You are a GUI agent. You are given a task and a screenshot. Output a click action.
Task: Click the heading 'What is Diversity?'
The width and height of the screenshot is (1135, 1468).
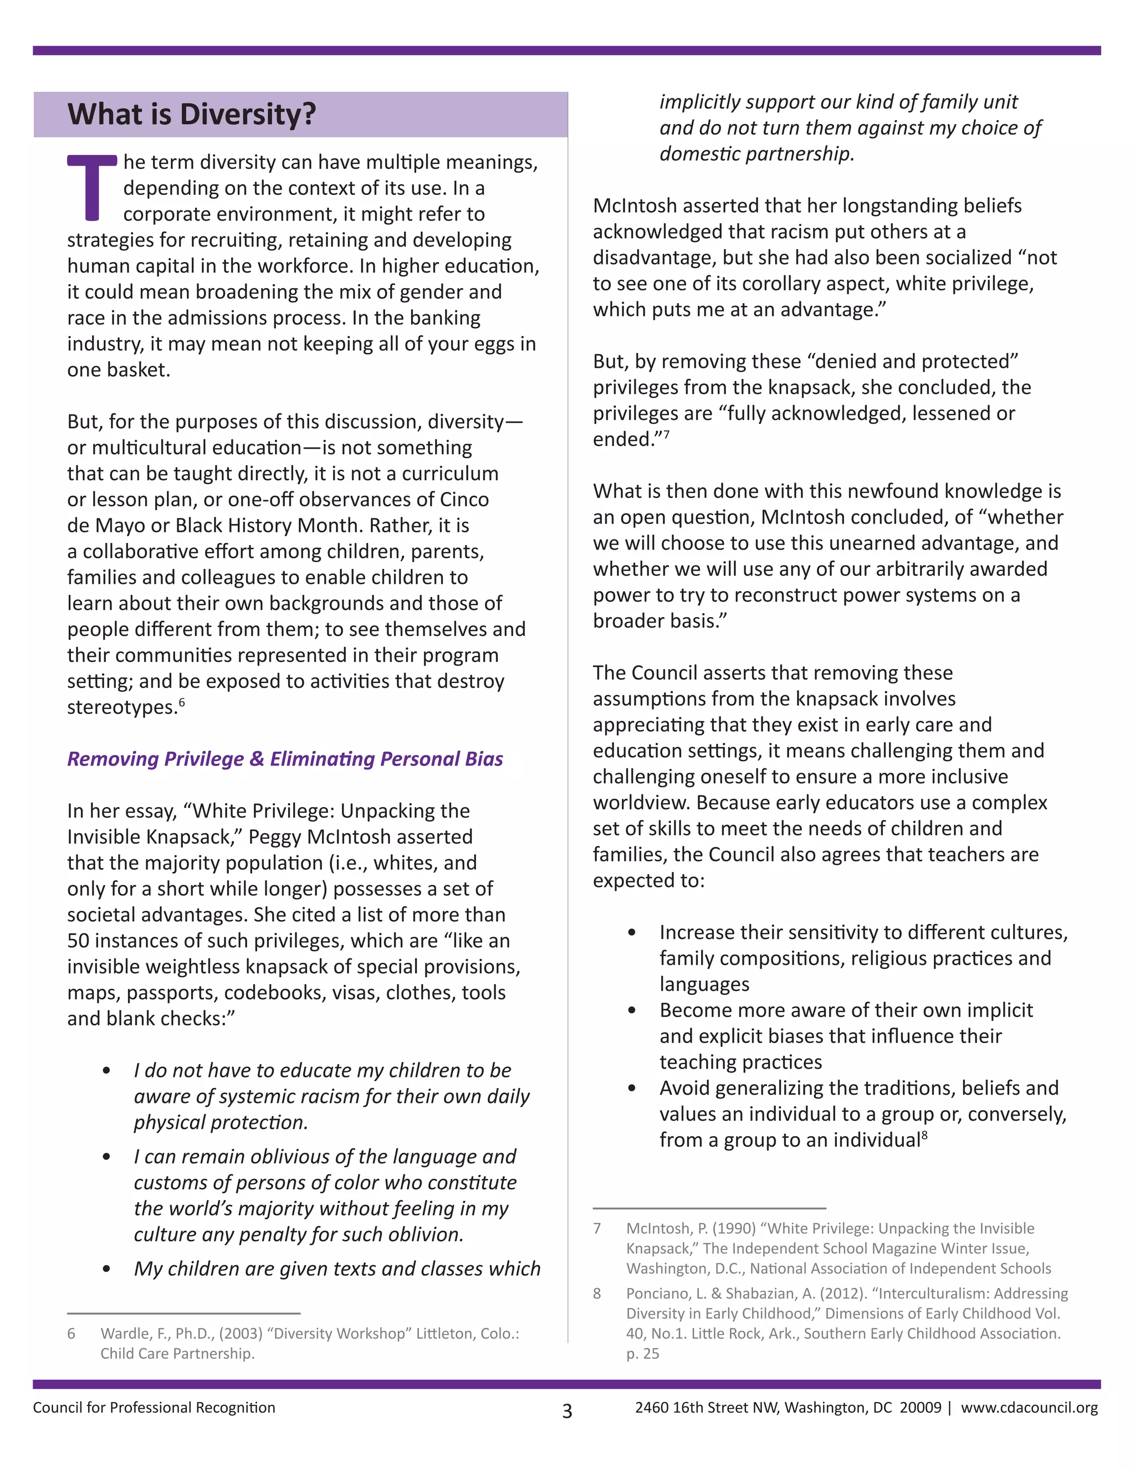click(192, 114)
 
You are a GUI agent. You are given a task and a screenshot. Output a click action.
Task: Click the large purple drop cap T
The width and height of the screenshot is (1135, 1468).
click(91, 188)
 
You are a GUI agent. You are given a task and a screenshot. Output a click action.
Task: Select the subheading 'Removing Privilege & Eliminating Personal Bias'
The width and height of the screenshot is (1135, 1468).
click(285, 759)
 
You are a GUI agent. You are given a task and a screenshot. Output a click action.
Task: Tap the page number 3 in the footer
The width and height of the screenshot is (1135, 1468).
click(567, 1411)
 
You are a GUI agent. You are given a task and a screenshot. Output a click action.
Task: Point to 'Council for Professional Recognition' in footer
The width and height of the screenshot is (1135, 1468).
click(154, 1408)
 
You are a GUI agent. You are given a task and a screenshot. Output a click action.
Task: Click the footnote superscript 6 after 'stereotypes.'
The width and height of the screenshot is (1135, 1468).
click(182, 702)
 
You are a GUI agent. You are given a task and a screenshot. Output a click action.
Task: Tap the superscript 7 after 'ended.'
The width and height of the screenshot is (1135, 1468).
click(666, 434)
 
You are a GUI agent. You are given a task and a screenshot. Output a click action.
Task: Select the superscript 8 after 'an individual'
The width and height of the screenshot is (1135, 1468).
click(924, 1135)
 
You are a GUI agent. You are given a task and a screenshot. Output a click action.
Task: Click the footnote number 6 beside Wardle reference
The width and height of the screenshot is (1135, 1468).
click(71, 1333)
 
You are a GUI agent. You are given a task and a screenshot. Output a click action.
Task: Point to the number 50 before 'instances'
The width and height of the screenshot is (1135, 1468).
click(79, 941)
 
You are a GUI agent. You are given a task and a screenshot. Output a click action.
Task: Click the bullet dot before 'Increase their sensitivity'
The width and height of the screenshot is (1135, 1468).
click(631, 932)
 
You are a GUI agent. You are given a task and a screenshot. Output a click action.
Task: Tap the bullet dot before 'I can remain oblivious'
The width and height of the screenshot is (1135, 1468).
click(106, 1157)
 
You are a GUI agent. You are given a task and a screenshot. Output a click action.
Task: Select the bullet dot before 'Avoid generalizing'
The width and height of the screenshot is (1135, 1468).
click(631, 1088)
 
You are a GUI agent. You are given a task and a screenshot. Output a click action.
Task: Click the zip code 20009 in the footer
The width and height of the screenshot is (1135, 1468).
click(921, 1408)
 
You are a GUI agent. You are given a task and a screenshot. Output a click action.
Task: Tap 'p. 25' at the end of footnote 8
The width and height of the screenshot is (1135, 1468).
click(643, 1354)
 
